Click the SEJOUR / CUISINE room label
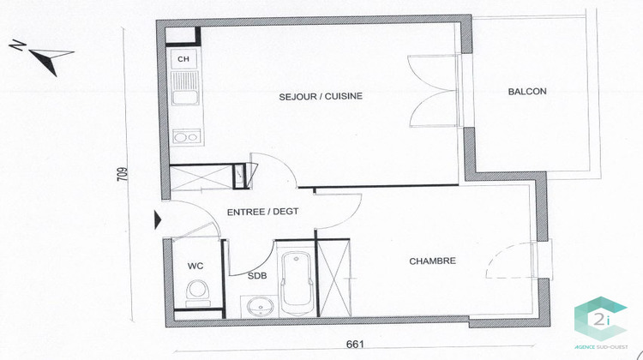point(321,96)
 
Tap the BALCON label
point(526,92)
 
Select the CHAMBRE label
point(431,261)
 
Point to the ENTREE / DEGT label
point(262,212)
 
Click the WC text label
point(195,266)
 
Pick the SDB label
point(256,276)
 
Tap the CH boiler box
point(183,58)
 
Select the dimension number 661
point(356,345)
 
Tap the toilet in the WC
point(196,292)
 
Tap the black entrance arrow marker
point(157,219)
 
